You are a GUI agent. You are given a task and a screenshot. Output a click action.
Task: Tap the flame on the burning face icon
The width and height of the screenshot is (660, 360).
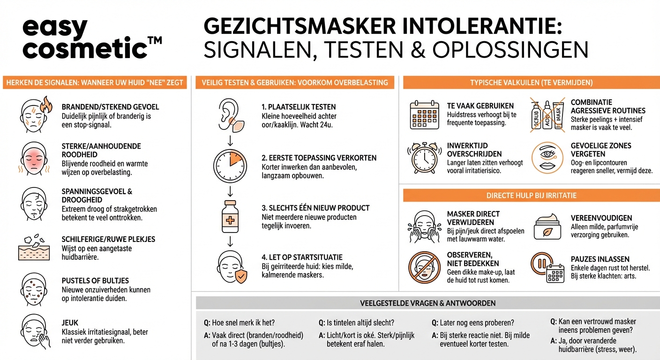pos(45,105)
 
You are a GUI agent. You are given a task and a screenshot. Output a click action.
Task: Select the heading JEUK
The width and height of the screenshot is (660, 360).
pos(70,322)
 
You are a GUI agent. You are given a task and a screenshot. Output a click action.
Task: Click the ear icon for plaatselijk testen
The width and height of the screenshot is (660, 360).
pos(230,116)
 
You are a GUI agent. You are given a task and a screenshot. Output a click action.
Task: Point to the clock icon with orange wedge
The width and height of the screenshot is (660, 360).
pos(230,166)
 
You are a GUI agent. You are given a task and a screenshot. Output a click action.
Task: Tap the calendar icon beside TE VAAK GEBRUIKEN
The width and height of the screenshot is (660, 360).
pos(424,115)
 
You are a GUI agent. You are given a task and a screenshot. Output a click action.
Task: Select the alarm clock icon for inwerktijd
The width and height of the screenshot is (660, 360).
pos(424,158)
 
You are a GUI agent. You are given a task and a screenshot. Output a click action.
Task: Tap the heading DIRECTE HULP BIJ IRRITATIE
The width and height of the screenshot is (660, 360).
pos(531,195)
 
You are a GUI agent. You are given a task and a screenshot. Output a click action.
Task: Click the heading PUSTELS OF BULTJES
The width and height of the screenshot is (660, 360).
pos(95,280)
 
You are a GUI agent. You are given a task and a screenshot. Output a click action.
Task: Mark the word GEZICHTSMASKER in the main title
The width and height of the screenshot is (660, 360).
pos(300,27)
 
